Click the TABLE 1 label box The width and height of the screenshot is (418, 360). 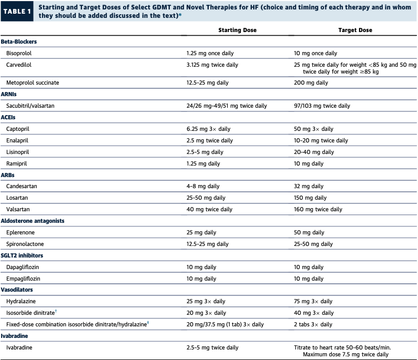pyautogui.click(x=18, y=11)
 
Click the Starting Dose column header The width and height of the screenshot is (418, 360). pyautogui.click(x=237, y=30)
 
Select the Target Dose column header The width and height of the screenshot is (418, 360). pyautogui.click(x=354, y=30)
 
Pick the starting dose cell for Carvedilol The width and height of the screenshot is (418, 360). pyautogui.click(x=212, y=65)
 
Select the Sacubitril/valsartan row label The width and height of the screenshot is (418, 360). pyautogui.click(x=30, y=106)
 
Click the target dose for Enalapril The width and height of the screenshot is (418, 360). pyautogui.click(x=321, y=140)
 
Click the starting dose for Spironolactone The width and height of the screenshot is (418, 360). pyautogui.click(x=207, y=244)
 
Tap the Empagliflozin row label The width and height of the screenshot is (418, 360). pyautogui.click(x=23, y=279)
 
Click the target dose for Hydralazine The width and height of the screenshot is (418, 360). pyautogui.click(x=313, y=302)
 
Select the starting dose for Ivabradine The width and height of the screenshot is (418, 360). pyautogui.click(x=212, y=347)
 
